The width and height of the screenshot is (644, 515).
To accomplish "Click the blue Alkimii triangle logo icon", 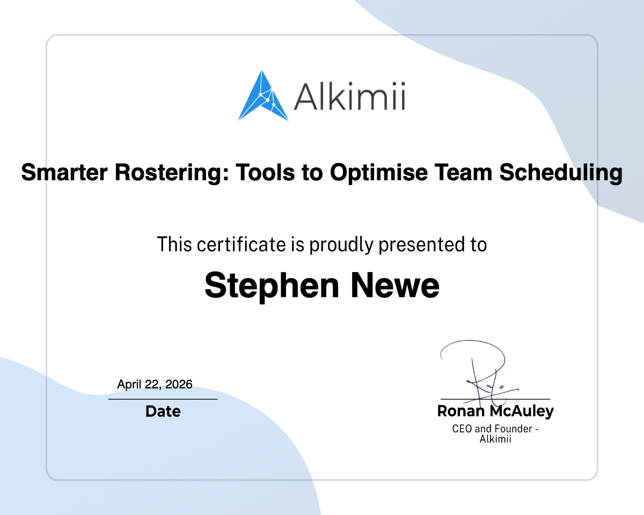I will [x=262, y=97].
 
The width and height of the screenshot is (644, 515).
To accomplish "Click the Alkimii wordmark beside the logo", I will [x=349, y=97].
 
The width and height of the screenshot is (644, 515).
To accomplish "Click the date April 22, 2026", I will [x=155, y=384].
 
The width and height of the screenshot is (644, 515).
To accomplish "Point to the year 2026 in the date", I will [x=179, y=384].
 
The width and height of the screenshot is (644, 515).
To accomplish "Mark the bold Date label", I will [x=163, y=411].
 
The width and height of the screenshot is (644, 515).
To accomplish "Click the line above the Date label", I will [x=163, y=399].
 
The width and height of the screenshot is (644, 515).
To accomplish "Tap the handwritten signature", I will [x=478, y=370].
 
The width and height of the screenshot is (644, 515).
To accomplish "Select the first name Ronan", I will [x=462, y=411].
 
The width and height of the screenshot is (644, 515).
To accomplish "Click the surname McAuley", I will [x=522, y=411].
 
